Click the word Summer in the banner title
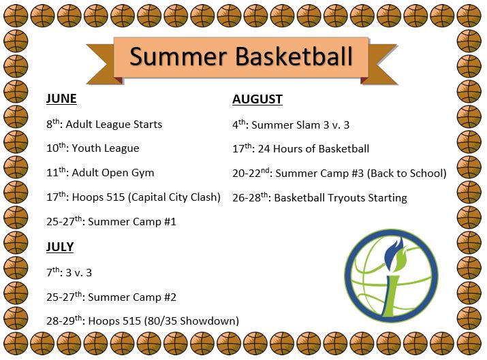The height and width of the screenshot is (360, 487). (x=178, y=56)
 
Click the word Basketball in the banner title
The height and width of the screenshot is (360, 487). (x=294, y=56)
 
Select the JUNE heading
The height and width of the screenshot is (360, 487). (x=61, y=99)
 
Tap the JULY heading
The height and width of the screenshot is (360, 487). (x=60, y=247)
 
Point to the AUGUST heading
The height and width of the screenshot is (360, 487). (x=257, y=99)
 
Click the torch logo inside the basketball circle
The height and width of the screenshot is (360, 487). (x=392, y=276)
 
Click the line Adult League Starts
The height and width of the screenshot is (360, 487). (x=114, y=125)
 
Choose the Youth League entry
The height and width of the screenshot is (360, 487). (x=106, y=148)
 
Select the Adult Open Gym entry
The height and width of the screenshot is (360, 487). (x=113, y=173)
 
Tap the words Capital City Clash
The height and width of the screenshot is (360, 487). (x=174, y=197)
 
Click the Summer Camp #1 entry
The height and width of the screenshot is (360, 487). (x=132, y=222)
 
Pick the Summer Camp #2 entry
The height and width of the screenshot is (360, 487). (x=132, y=297)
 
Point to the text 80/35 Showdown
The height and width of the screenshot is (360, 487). (x=191, y=321)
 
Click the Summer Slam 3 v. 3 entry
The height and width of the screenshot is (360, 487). (x=300, y=125)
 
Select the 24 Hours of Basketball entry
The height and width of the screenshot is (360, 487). (x=313, y=148)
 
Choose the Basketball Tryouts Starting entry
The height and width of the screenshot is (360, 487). (x=341, y=197)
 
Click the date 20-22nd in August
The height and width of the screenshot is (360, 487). (x=251, y=173)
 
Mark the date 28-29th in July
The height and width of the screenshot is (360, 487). (x=64, y=320)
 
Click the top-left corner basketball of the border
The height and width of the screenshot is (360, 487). (x=16, y=16)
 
